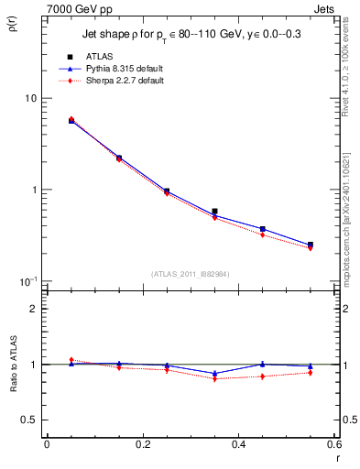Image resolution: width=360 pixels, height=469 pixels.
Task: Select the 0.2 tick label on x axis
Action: click(142, 444)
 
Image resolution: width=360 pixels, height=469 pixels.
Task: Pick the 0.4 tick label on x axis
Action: click(238, 444)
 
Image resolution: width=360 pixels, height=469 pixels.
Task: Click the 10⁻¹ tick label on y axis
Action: click(27, 281)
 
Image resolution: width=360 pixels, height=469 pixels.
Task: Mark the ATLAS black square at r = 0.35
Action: click(214, 212)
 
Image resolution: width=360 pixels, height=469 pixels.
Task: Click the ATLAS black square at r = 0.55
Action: click(311, 245)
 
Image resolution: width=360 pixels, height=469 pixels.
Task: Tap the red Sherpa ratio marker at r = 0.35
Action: click(214, 378)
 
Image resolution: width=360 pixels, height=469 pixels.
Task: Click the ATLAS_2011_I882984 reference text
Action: click(190, 273)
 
